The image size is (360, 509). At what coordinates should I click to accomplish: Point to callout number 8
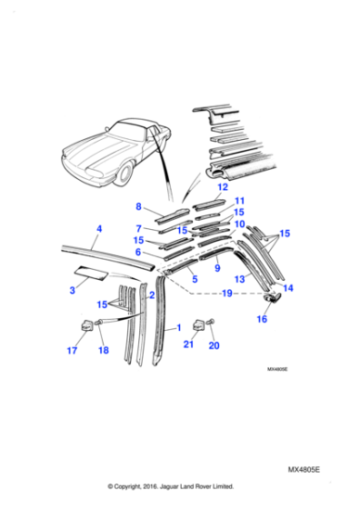[x=138, y=206]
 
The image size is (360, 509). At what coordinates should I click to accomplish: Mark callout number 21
[x=188, y=346]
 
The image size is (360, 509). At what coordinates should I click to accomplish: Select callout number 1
[x=178, y=326]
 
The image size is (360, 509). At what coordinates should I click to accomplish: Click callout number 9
[x=217, y=269]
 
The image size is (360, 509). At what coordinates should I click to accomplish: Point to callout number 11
[x=240, y=201]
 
